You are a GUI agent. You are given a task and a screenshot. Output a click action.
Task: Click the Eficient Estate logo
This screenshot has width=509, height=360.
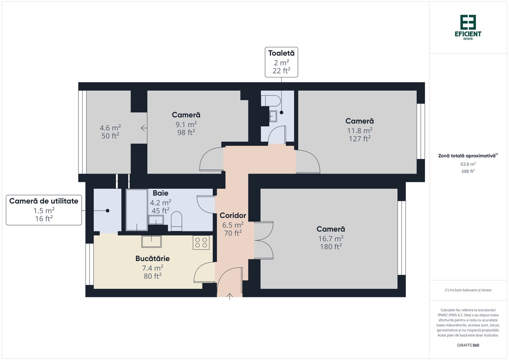click(x=468, y=27)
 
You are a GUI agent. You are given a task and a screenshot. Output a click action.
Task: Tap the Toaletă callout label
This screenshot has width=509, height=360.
click(x=281, y=62)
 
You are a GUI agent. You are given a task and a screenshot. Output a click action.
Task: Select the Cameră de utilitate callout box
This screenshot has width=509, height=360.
click(x=44, y=210)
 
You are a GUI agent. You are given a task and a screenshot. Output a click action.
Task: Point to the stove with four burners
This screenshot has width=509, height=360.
click(x=201, y=242)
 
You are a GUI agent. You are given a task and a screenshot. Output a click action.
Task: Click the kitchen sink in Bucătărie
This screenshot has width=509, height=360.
click(x=151, y=241)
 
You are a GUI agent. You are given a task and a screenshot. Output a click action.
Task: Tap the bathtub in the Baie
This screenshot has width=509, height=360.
click(x=137, y=210)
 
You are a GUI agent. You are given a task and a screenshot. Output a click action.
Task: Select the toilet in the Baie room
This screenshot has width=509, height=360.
click(x=177, y=222)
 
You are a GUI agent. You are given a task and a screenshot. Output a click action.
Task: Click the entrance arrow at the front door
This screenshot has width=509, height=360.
click(x=230, y=296)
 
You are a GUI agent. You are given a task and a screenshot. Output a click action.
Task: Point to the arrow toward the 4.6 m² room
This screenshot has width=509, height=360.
click(x=144, y=128)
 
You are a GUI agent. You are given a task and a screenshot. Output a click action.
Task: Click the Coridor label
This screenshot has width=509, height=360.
click(x=233, y=216)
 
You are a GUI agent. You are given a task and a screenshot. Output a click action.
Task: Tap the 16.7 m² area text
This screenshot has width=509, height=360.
click(x=331, y=238)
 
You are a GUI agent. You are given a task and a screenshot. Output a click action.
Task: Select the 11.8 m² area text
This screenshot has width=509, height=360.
click(x=359, y=130)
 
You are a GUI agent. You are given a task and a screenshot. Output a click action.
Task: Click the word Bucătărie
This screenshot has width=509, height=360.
click(x=152, y=258)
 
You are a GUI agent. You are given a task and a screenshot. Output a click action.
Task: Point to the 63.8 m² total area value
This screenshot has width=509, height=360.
click(x=468, y=164)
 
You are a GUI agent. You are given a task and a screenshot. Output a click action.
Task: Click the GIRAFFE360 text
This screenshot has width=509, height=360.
click(x=468, y=345)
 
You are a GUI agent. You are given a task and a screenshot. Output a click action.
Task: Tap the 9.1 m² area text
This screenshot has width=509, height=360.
click(x=186, y=124)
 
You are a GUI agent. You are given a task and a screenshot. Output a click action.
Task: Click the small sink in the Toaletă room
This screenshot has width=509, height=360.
click(x=273, y=116)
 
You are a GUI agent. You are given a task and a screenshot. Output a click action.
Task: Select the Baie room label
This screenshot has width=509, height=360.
click(x=160, y=193)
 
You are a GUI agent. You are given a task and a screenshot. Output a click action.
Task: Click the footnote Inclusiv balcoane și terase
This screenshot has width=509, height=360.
click(x=468, y=290)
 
